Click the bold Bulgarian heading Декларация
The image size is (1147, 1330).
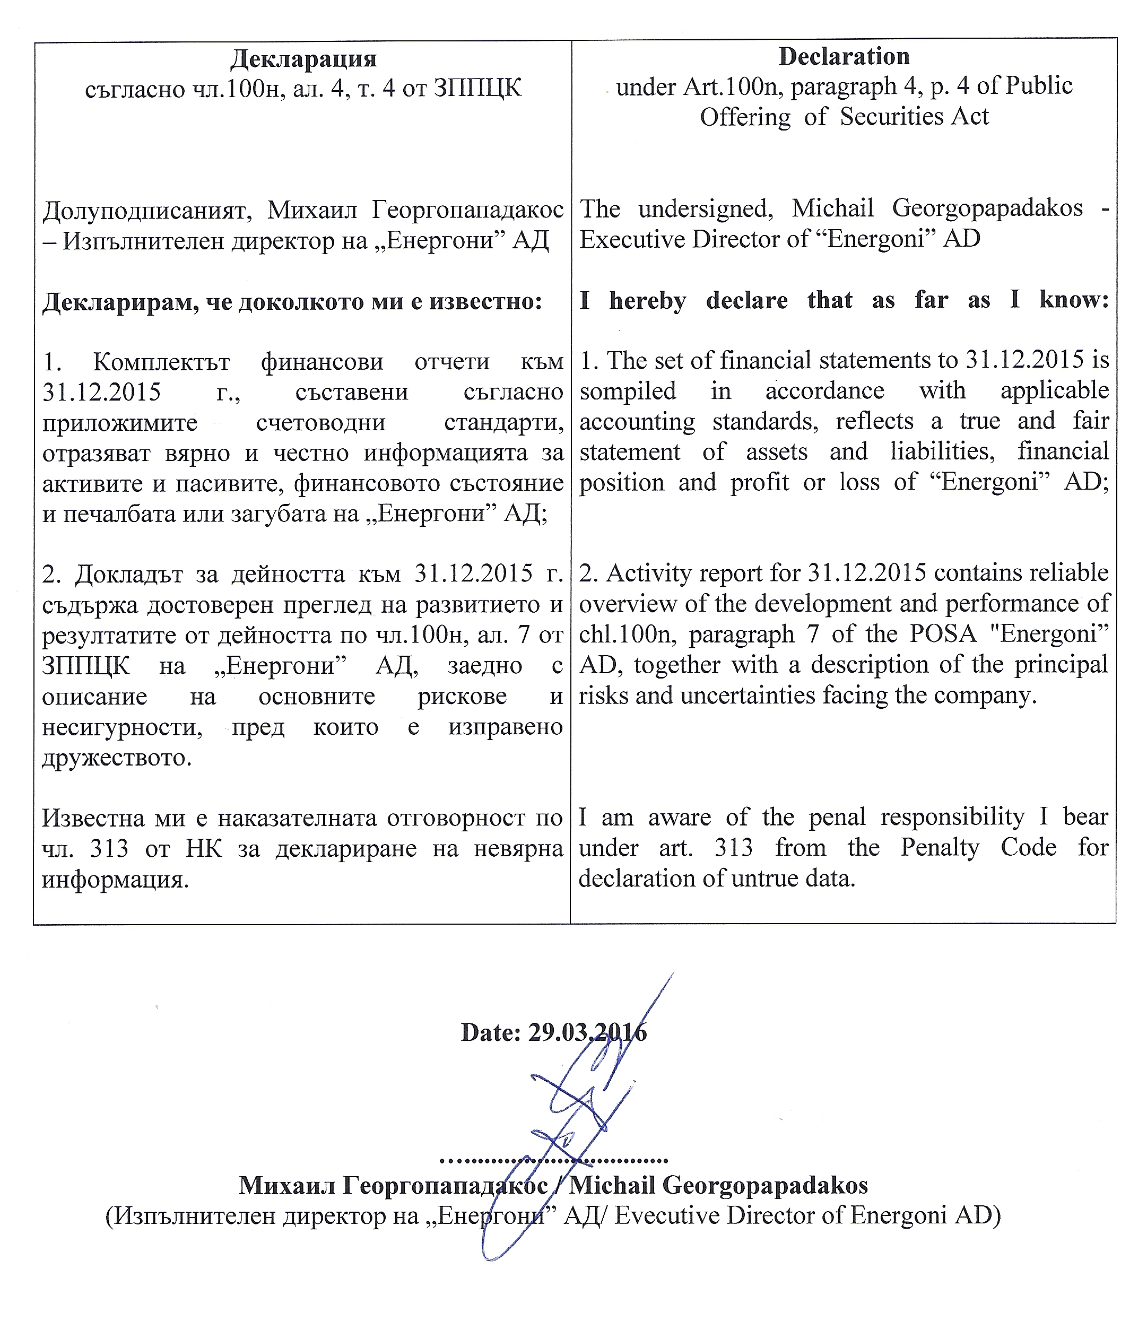(x=303, y=59)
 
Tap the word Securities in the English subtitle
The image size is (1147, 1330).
(x=902, y=117)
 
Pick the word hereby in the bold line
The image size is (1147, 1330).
(x=647, y=300)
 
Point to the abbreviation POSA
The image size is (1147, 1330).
(x=943, y=634)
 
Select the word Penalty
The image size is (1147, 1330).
(x=940, y=847)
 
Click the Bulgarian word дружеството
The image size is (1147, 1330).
(x=116, y=758)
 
